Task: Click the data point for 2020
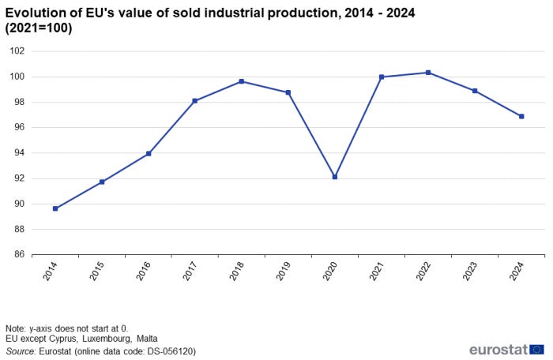[335, 177]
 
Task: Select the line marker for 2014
[55, 208]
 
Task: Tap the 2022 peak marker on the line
[428, 73]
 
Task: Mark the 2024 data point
[521, 116]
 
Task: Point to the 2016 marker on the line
[149, 153]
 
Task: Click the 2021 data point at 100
[382, 77]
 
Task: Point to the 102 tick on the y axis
[17, 51]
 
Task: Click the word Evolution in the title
[35, 13]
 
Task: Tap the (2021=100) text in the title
[39, 29]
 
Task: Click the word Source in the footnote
[20, 351]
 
